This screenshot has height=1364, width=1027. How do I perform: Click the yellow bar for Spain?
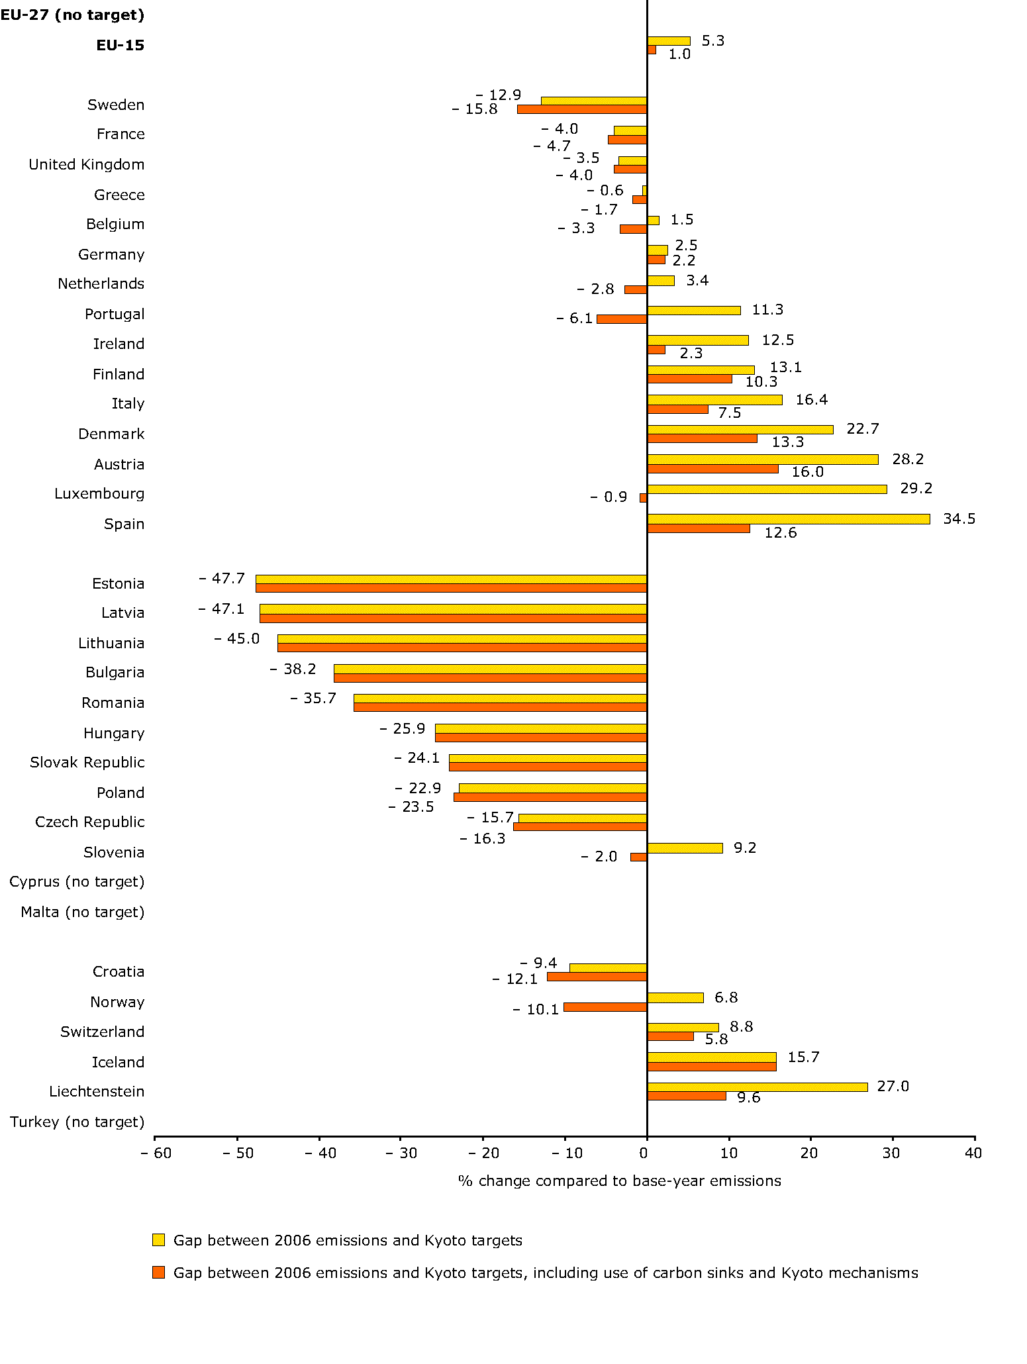coord(788,519)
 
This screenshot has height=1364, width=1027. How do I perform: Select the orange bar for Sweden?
coord(582,109)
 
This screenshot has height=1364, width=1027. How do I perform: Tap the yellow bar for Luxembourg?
coord(767,489)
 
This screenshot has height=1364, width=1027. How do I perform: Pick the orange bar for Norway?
coord(605,1007)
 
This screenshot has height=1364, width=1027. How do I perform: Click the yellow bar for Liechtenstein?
coord(757,1087)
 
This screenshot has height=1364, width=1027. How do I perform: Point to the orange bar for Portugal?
coord(622,319)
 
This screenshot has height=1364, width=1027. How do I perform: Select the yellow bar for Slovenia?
coord(685,848)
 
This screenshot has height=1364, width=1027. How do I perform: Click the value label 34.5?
coord(959,518)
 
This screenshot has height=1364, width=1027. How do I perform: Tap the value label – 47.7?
coord(222,579)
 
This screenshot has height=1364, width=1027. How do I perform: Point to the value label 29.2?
coord(916,489)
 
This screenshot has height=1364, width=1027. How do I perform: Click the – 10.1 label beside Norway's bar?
coord(536,1009)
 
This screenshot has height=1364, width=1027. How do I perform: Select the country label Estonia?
coord(118,583)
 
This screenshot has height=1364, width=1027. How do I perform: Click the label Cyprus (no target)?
coord(77,882)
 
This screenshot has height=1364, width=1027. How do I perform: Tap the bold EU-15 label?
coord(120,46)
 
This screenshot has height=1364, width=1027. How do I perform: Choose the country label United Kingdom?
coord(86,164)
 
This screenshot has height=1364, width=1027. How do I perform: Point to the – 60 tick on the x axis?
coord(156,1153)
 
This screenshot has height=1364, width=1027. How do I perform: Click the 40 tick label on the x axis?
coord(973,1153)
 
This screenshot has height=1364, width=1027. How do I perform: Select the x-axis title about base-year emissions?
coord(619,1181)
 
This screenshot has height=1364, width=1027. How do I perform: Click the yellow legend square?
coord(158,1240)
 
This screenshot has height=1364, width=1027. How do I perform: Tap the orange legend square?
coord(158,1273)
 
